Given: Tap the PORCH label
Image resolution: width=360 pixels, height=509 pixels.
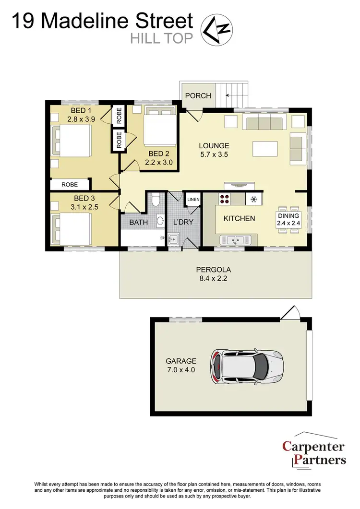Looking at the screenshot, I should click(x=198, y=95).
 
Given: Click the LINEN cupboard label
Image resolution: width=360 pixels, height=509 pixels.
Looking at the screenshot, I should click(x=193, y=199).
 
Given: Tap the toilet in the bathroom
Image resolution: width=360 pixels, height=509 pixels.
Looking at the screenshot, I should click(x=155, y=202).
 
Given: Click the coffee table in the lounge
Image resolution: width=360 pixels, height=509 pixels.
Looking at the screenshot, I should click(x=265, y=149).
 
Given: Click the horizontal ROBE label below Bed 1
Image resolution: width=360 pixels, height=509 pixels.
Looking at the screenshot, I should click(x=70, y=184).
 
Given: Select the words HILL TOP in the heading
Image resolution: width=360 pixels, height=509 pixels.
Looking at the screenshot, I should click(x=162, y=38).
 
